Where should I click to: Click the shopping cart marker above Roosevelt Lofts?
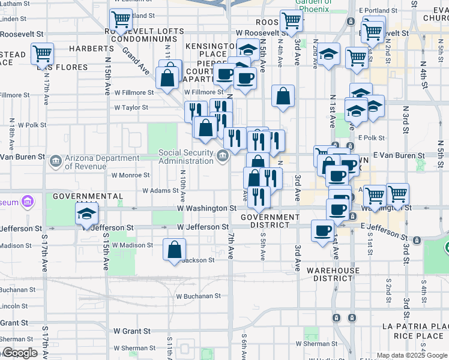click(121, 20)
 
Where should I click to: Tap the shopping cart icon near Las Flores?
click(43, 53)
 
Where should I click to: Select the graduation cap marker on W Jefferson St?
click(87, 214)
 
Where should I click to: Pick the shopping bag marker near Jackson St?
click(174, 249)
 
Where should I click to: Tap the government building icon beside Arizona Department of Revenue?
click(55, 161)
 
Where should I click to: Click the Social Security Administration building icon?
click(223, 157)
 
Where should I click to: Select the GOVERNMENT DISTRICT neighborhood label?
click(262, 221)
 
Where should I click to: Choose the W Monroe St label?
click(130, 175)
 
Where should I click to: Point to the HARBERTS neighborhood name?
click(91, 48)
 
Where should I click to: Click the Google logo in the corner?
click(20, 353)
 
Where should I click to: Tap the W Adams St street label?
click(160, 191)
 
